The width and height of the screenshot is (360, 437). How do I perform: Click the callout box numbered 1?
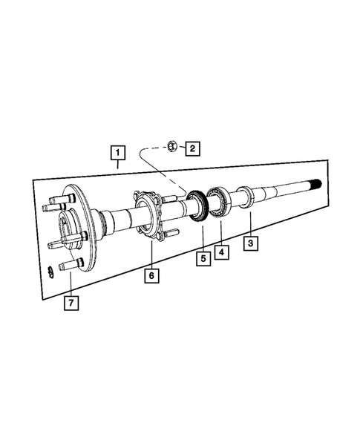117,154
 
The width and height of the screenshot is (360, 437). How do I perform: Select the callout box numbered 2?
192,149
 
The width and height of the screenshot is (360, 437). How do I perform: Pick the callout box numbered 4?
222,252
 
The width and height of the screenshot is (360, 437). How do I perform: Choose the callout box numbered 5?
200,258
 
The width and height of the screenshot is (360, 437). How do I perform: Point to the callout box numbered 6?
151,275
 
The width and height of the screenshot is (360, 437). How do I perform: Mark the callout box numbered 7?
70,303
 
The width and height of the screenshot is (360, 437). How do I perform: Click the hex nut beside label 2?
171,146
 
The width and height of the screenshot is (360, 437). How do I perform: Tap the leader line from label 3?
250,223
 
